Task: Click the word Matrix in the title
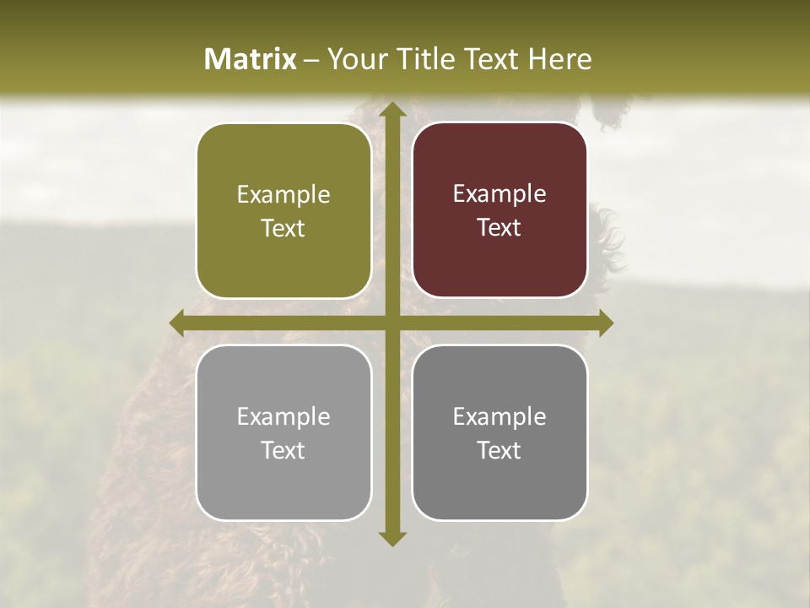[251, 59]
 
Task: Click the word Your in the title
[354, 59]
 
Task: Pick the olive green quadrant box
[283, 211]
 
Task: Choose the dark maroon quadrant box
[499, 210]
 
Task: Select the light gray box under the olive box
[283, 432]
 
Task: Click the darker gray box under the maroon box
[499, 432]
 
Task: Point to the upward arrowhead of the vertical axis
[391, 111]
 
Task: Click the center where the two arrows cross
[391, 323]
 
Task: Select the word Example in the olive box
[283, 195]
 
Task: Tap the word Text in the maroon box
[499, 228]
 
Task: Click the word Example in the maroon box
[499, 194]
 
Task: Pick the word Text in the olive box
[283, 229]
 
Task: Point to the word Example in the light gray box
[283, 417]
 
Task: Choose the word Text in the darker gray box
[499, 450]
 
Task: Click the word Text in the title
[489, 59]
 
